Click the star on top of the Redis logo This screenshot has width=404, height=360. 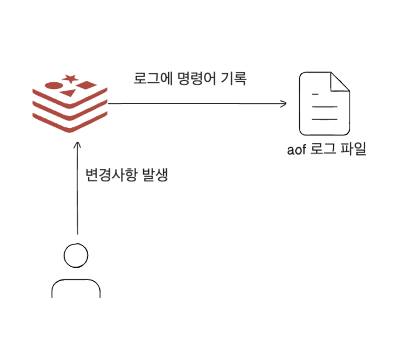[69, 78]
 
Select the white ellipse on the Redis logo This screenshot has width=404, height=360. [53, 86]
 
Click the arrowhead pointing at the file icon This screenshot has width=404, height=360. [284, 103]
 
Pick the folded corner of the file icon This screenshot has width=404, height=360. [340, 82]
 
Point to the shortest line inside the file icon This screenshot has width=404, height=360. [316, 94]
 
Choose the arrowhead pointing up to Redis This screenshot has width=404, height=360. [77, 145]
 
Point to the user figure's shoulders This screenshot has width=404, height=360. [75, 287]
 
